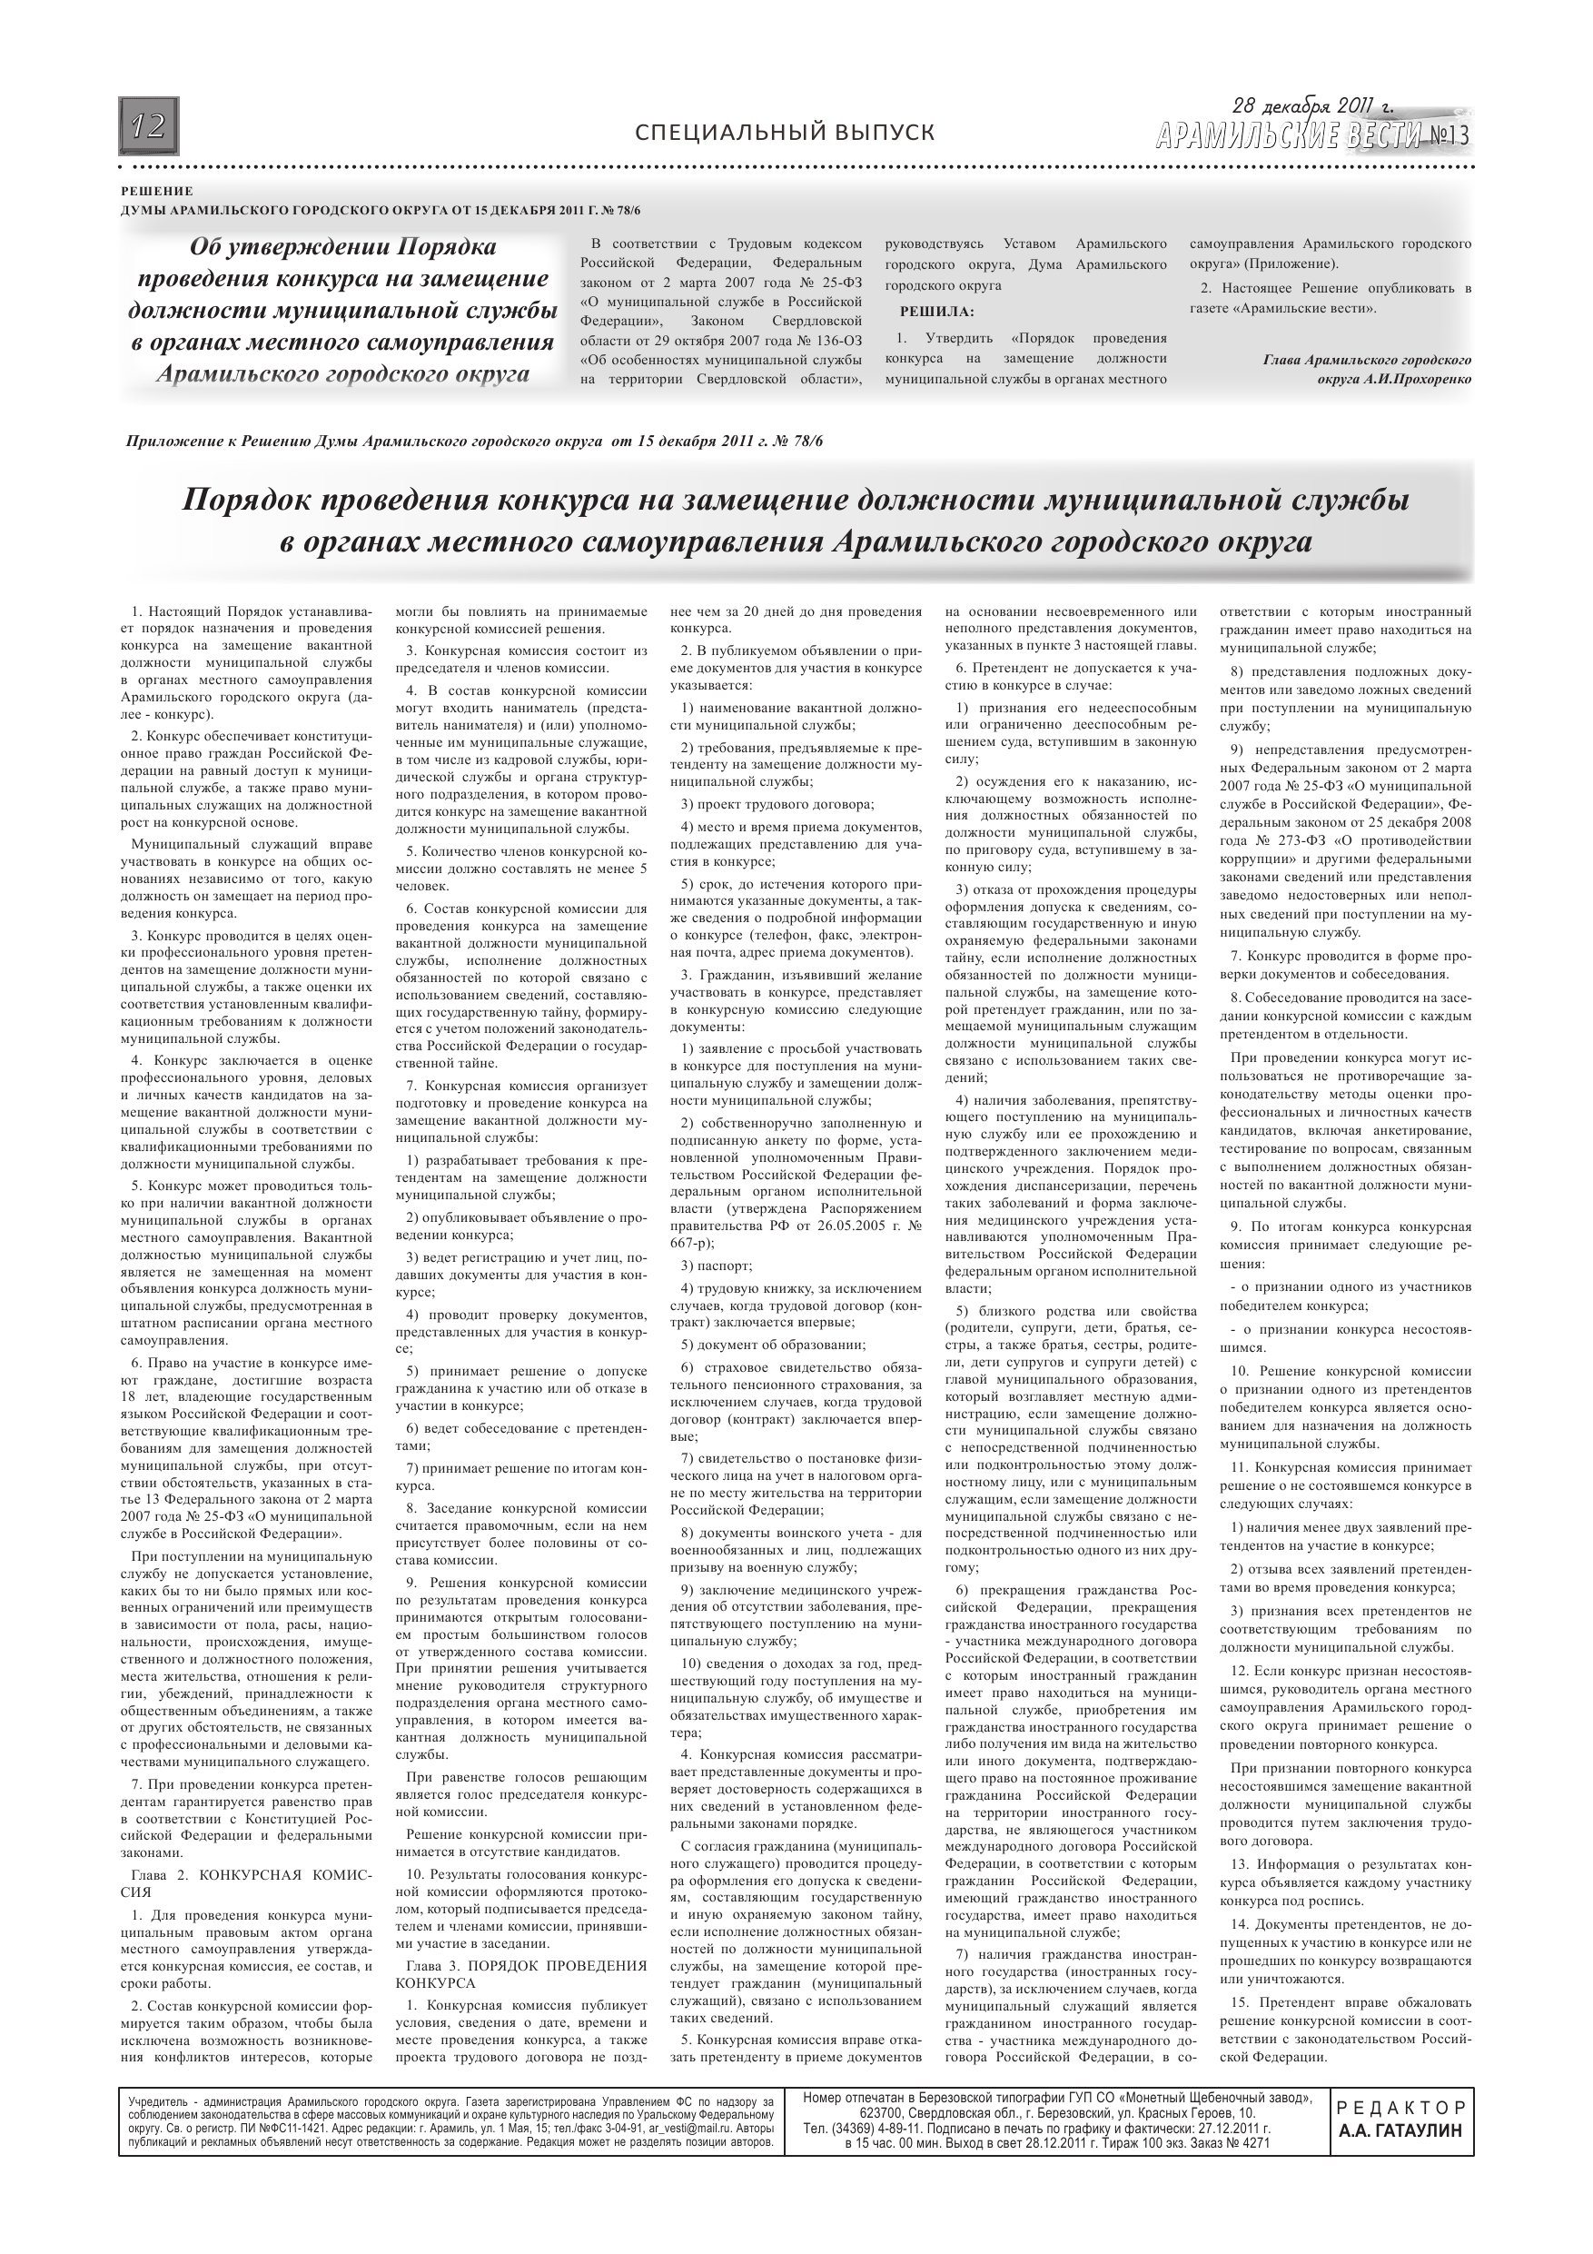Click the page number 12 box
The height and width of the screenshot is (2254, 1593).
coord(149,126)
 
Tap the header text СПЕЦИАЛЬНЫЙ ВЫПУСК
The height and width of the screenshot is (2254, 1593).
coord(786,133)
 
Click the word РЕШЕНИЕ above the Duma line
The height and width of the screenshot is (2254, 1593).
coord(157,192)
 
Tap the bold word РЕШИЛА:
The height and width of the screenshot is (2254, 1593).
coord(937,313)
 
